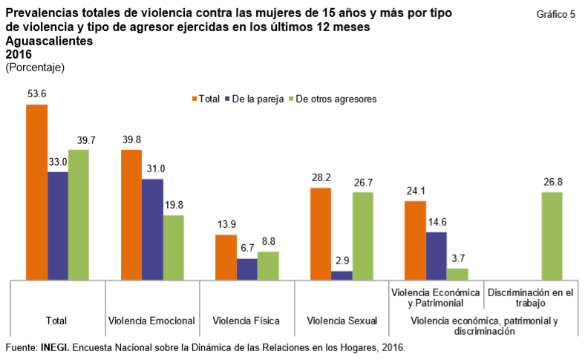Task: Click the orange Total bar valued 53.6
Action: pyautogui.click(x=36, y=192)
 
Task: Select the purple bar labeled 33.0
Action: pyautogui.click(x=58, y=226)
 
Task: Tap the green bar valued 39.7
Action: pyautogui.click(x=79, y=215)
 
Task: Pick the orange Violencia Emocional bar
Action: pyautogui.click(x=131, y=215)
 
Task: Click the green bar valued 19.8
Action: pyautogui.click(x=173, y=247)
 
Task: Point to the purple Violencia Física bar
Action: pyautogui.click(x=246, y=269)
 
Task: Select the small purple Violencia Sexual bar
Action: pyautogui.click(x=341, y=275)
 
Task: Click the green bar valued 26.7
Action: pyautogui.click(x=362, y=236)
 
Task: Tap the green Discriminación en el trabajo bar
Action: pyautogui.click(x=552, y=236)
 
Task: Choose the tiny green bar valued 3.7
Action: pyautogui.click(x=457, y=274)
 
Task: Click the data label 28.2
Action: pyautogui.click(x=321, y=178)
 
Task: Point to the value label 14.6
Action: pyautogui.click(x=437, y=222)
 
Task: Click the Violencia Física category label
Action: pyautogui.click(x=246, y=321)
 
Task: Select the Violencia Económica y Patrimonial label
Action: pyautogui.click(x=437, y=298)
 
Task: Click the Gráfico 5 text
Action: pyautogui.click(x=555, y=15)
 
